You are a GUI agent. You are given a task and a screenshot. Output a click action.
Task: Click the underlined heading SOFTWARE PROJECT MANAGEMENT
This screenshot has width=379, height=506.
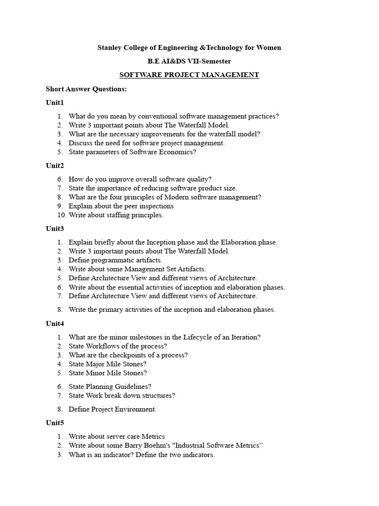click(189, 75)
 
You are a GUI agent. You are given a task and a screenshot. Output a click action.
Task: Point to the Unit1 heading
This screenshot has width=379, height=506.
click(55, 103)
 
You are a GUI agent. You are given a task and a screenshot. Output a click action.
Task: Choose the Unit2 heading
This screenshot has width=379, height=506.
click(55, 166)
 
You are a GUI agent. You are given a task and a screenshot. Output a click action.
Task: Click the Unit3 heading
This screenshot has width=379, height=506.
click(55, 229)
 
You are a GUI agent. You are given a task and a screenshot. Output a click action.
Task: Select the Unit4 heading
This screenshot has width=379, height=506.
click(55, 324)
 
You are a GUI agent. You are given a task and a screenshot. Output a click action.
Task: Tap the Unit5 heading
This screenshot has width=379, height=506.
click(55, 423)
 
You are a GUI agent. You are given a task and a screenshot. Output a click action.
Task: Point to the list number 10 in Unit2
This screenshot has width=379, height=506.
click(62, 215)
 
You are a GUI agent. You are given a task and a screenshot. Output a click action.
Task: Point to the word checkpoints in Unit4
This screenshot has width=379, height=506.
click(134, 355)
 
